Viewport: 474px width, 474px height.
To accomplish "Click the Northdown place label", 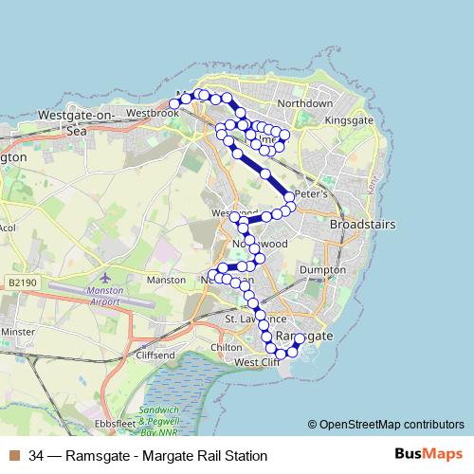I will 304,103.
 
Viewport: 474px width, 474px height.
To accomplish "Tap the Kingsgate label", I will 350,121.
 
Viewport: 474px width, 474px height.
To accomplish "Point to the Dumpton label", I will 343,270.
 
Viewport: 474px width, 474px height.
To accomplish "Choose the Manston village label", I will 167,281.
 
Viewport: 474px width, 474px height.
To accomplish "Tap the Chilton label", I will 227,348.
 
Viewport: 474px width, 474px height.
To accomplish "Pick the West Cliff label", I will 257,362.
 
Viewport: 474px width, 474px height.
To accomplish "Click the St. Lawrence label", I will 249,320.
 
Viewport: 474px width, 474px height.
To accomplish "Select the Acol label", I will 8,228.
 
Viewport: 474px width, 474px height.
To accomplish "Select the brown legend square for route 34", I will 11,455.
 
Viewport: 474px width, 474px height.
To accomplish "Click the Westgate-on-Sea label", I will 75,122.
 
